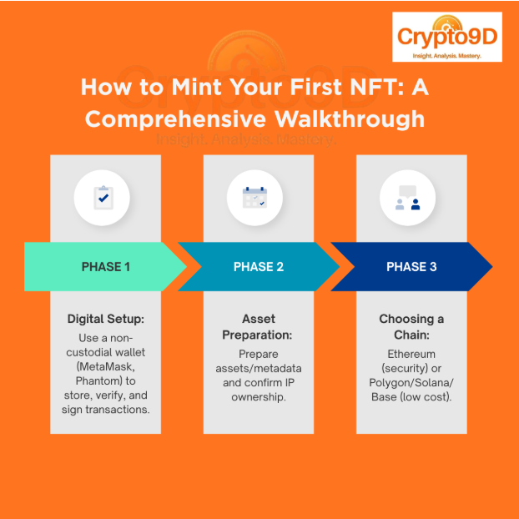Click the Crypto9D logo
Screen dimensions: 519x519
[447, 37]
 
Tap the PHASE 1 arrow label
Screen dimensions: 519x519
[106, 267]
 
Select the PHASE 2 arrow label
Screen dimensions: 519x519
[259, 267]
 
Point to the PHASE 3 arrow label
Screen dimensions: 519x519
[411, 267]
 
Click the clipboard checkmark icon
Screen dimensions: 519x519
[101, 198]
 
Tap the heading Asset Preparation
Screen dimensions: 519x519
[259, 327]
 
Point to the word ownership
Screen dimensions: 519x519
[259, 397]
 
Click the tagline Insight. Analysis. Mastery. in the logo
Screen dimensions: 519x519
[447, 56]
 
